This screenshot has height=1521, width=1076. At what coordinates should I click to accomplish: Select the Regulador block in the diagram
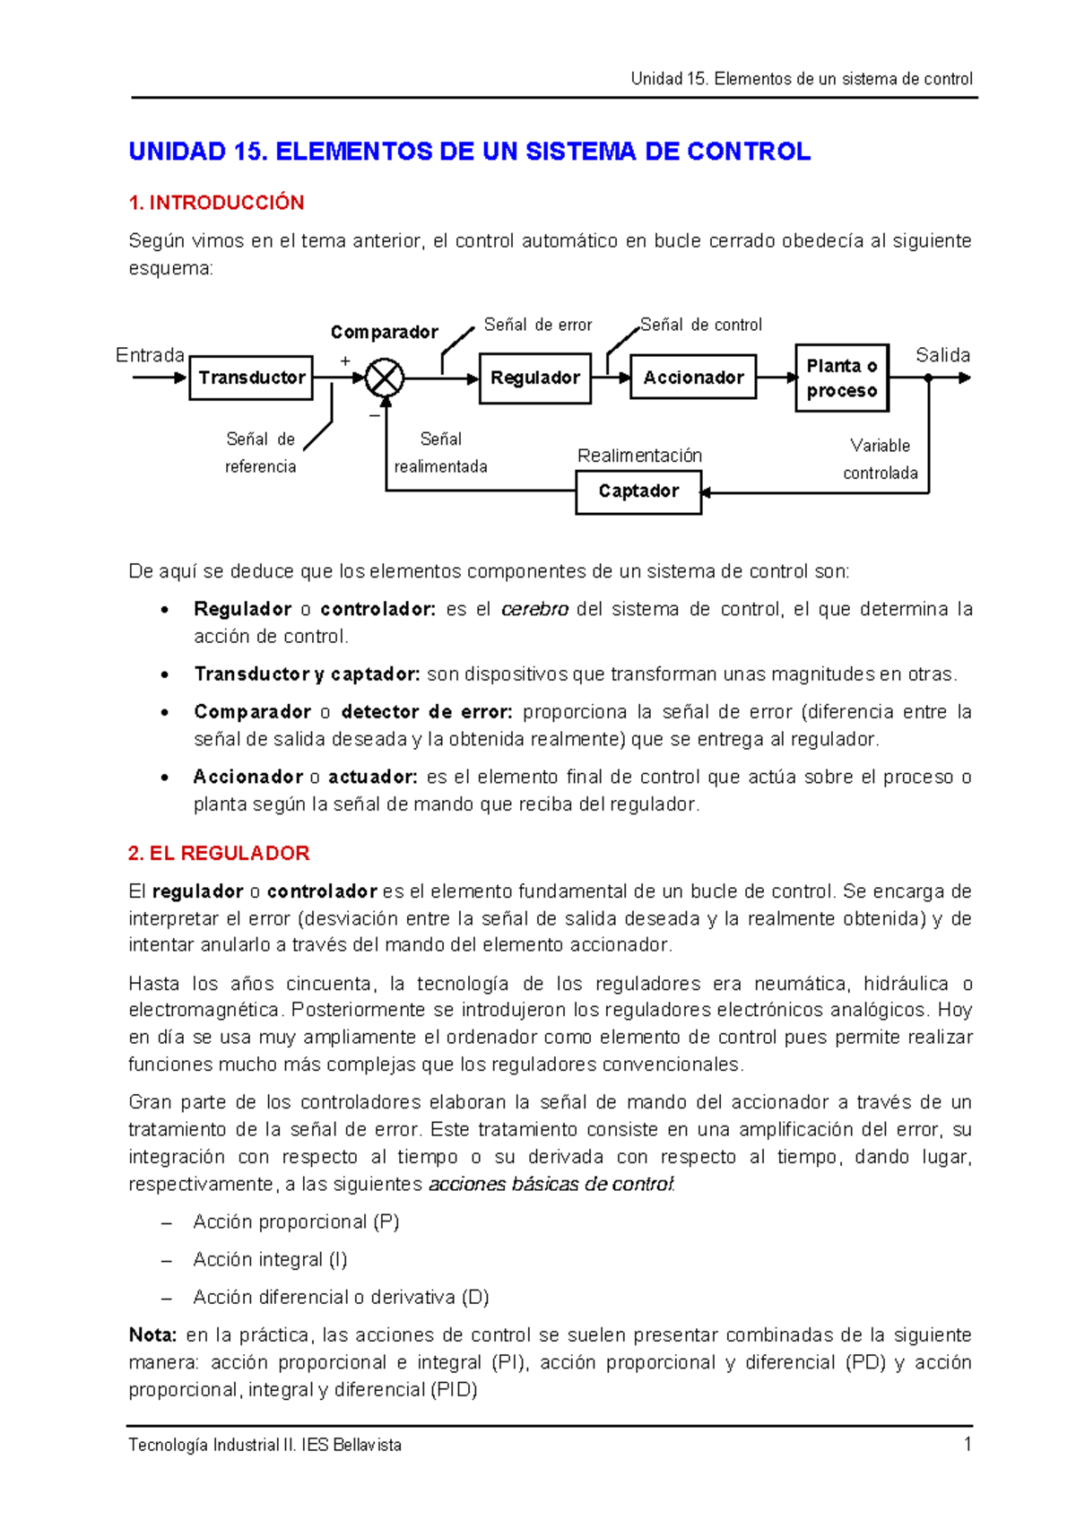(534, 378)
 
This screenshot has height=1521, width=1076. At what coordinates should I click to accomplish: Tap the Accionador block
(693, 378)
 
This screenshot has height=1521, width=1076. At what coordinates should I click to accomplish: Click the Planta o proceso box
(841, 378)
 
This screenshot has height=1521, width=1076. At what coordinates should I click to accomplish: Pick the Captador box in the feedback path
(638, 491)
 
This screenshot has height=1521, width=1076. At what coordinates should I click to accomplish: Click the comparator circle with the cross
(386, 378)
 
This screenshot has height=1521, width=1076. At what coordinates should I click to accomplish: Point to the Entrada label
(150, 355)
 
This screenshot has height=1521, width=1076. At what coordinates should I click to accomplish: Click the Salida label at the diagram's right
(942, 355)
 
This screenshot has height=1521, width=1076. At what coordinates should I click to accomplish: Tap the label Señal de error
(538, 325)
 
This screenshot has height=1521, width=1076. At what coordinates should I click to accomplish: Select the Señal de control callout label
(701, 325)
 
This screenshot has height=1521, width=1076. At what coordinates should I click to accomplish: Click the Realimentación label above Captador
(639, 456)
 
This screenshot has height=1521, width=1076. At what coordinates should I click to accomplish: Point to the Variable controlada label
(880, 459)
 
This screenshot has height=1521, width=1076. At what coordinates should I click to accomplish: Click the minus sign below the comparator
(374, 415)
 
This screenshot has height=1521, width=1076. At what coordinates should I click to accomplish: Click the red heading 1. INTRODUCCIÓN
(216, 203)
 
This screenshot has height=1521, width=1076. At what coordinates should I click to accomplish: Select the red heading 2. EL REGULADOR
(219, 853)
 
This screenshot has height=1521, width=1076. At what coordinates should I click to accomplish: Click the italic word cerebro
(534, 610)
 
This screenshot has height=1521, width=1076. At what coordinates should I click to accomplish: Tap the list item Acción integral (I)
(270, 1259)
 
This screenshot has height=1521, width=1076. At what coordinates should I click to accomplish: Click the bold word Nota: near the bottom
(152, 1334)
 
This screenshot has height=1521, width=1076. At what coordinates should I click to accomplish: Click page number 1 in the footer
(968, 1444)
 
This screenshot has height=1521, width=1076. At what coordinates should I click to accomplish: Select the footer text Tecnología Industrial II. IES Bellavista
(265, 1445)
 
